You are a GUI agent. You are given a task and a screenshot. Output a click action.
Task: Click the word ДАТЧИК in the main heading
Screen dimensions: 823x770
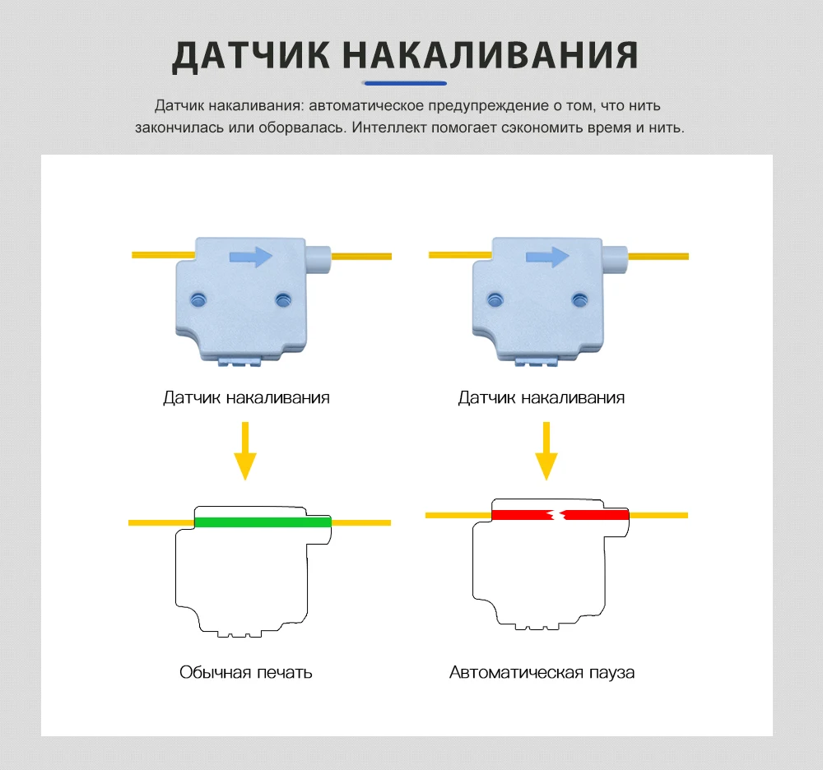[248, 55]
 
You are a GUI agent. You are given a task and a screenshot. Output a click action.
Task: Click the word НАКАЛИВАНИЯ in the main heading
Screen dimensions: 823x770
[490, 55]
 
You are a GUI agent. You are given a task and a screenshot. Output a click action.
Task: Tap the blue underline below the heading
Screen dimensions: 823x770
[405, 83]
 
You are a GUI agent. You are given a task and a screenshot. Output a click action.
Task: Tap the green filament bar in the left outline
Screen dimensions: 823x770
[262, 522]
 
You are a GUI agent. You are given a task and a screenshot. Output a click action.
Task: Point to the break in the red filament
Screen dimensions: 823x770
[557, 516]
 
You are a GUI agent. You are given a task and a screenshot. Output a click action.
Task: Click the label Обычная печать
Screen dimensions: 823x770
[246, 672]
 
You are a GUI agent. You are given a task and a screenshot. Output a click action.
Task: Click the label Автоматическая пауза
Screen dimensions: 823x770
[542, 672]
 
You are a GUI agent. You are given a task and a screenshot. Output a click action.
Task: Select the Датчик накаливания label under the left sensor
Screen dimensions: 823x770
[246, 398]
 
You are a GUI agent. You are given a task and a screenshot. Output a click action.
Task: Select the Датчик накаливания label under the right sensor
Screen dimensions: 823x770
[542, 398]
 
